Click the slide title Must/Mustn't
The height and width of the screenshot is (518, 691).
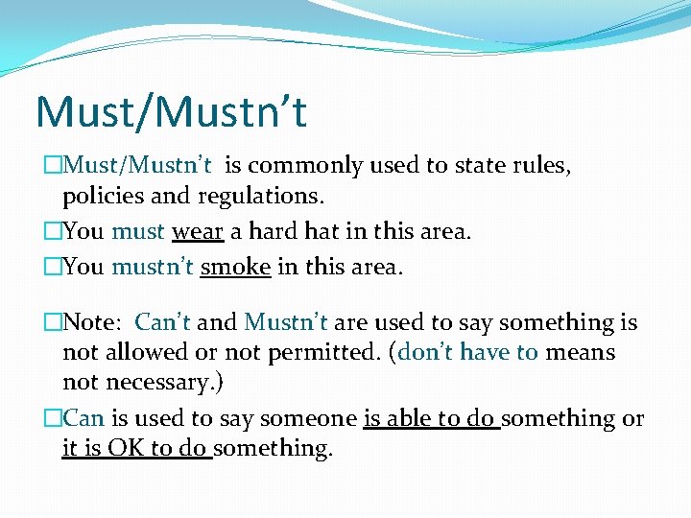point(171,111)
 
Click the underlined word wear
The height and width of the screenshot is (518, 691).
point(198,232)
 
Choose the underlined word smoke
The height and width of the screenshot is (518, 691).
point(235,267)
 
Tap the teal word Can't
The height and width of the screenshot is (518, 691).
point(163,323)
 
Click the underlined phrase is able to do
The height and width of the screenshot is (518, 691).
point(431,419)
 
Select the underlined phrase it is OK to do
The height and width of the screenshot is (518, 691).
point(136,449)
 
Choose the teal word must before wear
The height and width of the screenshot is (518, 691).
point(137,232)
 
